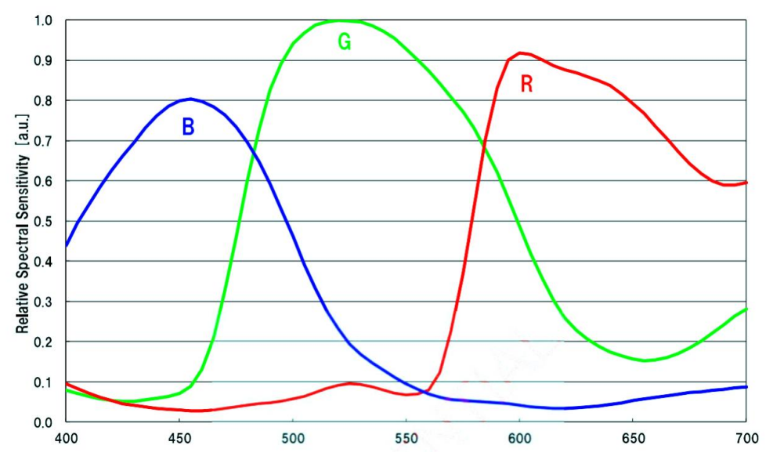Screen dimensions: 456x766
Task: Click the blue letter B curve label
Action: (x=188, y=126)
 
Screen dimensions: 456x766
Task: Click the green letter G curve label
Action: (x=344, y=42)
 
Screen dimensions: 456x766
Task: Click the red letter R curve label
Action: (x=526, y=85)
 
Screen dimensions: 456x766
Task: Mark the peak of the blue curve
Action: (x=190, y=99)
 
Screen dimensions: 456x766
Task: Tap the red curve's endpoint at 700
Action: (x=746, y=183)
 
